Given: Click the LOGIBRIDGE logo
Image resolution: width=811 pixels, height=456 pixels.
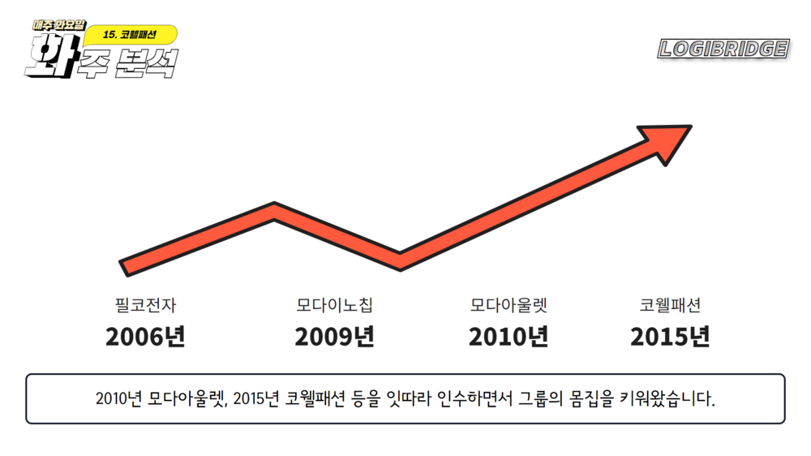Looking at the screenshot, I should [723, 49].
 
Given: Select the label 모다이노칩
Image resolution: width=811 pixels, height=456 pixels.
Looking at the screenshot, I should [334, 306].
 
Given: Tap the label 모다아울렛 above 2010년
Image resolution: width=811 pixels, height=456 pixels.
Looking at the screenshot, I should [508, 306].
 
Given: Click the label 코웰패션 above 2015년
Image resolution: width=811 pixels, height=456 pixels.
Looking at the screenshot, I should [670, 306].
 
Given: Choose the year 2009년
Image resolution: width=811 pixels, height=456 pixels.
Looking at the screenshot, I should [334, 336].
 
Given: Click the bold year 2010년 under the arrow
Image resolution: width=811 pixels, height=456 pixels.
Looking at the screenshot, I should [508, 336].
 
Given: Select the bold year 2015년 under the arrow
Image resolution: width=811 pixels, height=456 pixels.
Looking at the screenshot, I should [670, 336].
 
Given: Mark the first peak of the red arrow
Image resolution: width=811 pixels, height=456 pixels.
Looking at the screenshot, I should [275, 210].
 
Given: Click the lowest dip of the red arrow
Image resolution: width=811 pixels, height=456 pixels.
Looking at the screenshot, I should [400, 260].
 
